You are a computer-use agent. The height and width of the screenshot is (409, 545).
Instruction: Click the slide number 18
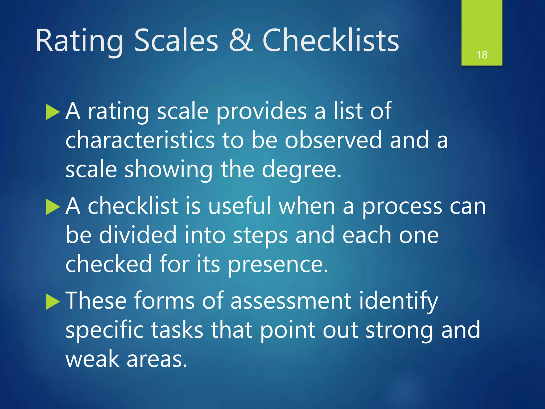tap(482, 55)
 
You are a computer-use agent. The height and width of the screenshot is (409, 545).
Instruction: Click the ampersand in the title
tap(241, 40)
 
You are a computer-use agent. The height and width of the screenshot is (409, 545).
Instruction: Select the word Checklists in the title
tap(331, 40)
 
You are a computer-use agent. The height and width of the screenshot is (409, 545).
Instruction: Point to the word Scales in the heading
tap(176, 40)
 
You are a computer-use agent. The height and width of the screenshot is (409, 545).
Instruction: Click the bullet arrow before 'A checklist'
tap(53, 207)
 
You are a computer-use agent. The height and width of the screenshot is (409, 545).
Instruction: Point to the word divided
tap(138, 235)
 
